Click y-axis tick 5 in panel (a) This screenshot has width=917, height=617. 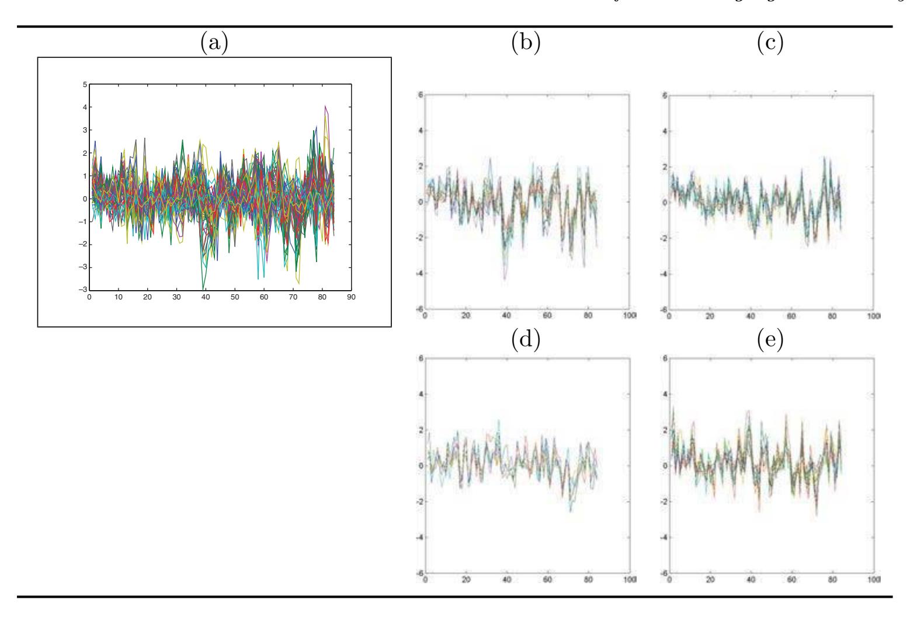click(x=85, y=85)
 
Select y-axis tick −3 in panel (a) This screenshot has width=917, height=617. click(x=84, y=290)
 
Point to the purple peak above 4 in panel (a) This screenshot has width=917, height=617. click(x=325, y=106)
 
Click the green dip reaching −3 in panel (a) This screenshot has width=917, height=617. click(x=203, y=289)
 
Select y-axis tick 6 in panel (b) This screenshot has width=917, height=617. click(x=420, y=95)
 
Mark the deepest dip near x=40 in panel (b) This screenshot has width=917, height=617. click(x=505, y=279)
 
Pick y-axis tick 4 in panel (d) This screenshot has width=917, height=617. click(x=420, y=394)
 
